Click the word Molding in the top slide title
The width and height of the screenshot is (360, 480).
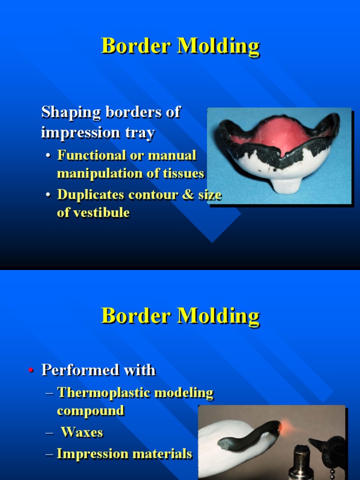click(x=218, y=46)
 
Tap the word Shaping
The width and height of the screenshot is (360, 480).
click(x=71, y=112)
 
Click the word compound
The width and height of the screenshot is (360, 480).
click(x=90, y=411)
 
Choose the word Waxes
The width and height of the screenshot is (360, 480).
click(x=82, y=432)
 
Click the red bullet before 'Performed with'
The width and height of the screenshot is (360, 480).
click(x=31, y=371)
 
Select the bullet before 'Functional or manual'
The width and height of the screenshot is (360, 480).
click(x=49, y=156)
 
